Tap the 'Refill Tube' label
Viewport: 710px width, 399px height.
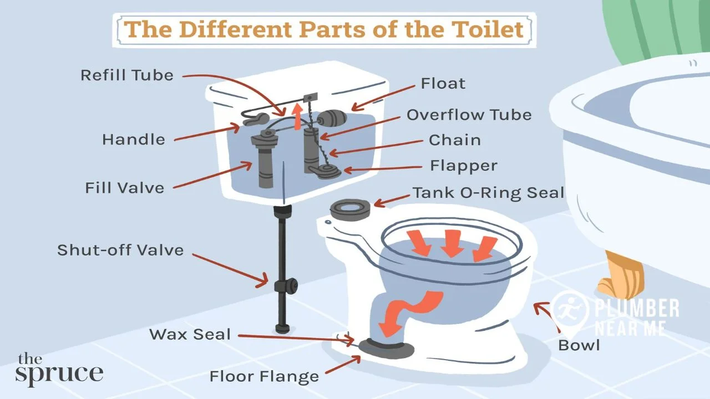[x=127, y=75]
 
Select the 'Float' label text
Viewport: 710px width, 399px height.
[x=443, y=84]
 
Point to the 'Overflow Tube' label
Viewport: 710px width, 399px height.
[x=469, y=115]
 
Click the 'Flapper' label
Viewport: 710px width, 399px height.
[x=463, y=165]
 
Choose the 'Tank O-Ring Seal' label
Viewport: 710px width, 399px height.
[x=488, y=193]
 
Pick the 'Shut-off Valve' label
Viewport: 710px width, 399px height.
[x=120, y=250]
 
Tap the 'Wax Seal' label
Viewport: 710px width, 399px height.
[x=190, y=334]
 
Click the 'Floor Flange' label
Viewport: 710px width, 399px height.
[x=264, y=377]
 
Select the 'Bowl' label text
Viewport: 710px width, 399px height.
[x=579, y=345]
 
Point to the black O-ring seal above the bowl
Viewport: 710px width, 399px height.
[x=350, y=209]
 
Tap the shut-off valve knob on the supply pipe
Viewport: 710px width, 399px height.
[x=285, y=287]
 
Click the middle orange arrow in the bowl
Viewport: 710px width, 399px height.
[x=453, y=243]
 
